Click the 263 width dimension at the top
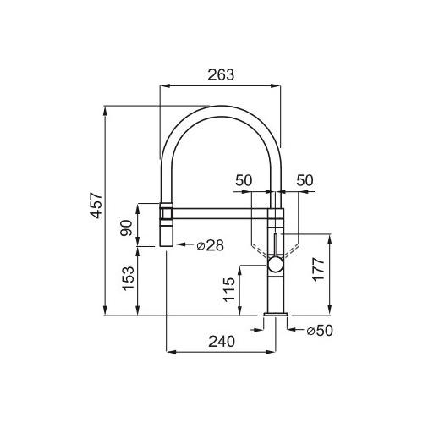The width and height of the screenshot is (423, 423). point(221,74)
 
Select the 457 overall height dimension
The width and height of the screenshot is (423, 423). point(96,205)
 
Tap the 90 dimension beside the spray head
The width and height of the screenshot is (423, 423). point(126,228)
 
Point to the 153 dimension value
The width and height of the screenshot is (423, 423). point(128,278)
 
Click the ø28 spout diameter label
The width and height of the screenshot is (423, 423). point(211,245)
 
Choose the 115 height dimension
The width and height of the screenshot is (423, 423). point(229,289)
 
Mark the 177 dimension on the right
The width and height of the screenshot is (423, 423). point(318,269)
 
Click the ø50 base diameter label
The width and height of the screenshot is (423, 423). point(320,331)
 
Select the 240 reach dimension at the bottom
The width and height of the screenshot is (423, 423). point(222,342)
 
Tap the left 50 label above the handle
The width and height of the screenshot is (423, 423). point(244,180)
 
